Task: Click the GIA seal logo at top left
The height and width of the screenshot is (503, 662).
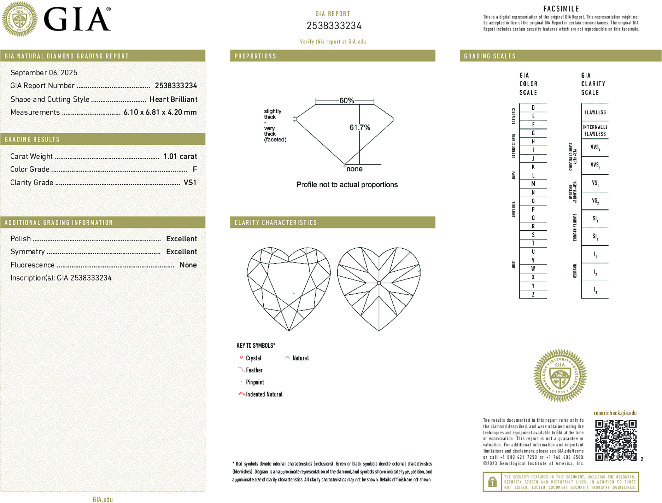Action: point(20,19)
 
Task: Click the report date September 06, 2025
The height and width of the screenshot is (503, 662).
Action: point(44,73)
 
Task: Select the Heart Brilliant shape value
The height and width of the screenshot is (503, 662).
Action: point(173,99)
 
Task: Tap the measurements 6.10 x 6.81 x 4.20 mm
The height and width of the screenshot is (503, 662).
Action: point(160,112)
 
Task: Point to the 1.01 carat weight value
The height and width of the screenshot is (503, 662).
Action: point(180,156)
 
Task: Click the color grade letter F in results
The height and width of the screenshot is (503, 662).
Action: point(195,169)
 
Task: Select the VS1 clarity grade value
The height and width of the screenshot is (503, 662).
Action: point(190,183)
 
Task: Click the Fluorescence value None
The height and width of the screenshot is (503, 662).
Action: point(188,265)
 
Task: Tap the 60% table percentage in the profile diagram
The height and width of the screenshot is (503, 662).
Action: point(346,100)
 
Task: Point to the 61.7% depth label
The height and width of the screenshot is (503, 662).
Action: point(360,127)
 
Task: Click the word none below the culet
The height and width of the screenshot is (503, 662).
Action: point(354,169)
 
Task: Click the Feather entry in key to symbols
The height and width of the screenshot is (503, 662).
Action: point(254,370)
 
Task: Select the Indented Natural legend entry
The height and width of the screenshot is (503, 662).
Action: point(264,394)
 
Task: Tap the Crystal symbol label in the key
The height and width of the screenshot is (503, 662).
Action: point(253,358)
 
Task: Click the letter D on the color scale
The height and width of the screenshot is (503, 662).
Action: point(533,108)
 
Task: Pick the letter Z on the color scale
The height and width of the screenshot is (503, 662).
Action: point(533,294)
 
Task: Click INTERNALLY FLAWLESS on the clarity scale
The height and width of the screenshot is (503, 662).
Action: point(595,130)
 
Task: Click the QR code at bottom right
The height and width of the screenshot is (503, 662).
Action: point(616,440)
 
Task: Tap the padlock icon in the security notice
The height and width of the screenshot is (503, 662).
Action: point(492,482)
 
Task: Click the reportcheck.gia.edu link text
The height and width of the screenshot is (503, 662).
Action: point(615,413)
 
